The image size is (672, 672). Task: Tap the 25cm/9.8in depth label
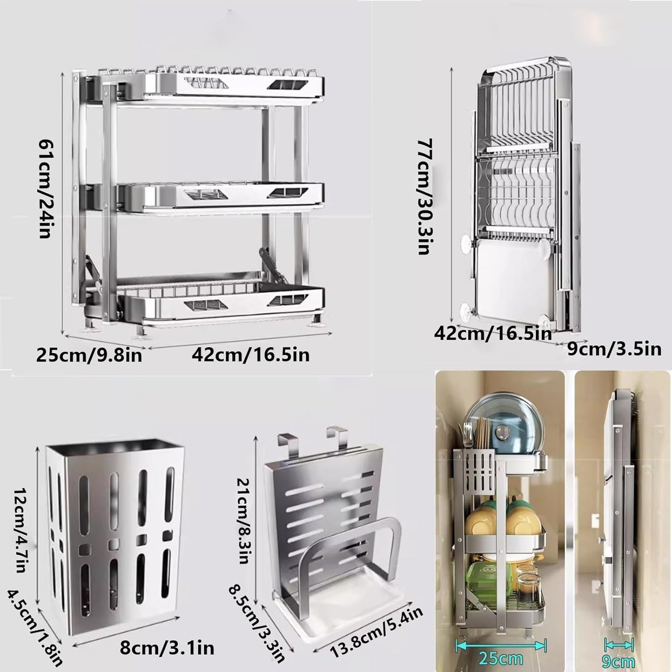tap(89, 356)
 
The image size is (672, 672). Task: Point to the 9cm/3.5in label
tap(614, 348)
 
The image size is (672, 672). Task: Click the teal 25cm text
tap(500, 659)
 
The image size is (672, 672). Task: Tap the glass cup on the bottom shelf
tap(528, 588)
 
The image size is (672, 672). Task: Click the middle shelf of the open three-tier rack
tap(219, 195)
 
